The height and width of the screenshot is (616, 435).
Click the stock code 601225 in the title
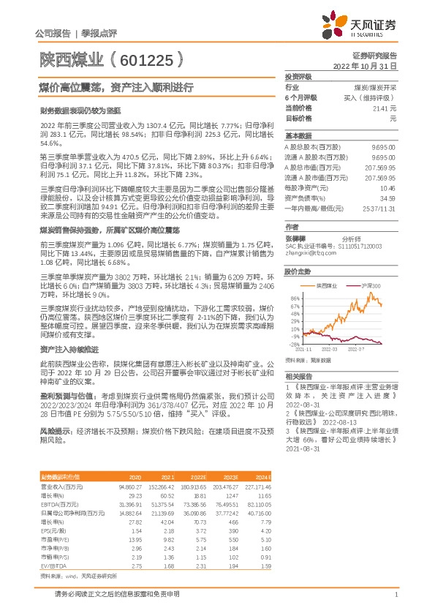(x=145, y=58)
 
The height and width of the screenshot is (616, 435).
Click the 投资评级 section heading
(x=298, y=76)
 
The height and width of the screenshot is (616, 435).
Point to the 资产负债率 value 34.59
(x=388, y=198)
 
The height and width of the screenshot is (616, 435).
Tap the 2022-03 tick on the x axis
(x=342, y=350)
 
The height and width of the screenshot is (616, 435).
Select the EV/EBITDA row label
(x=53, y=544)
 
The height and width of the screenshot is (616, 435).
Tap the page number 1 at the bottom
(x=396, y=595)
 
